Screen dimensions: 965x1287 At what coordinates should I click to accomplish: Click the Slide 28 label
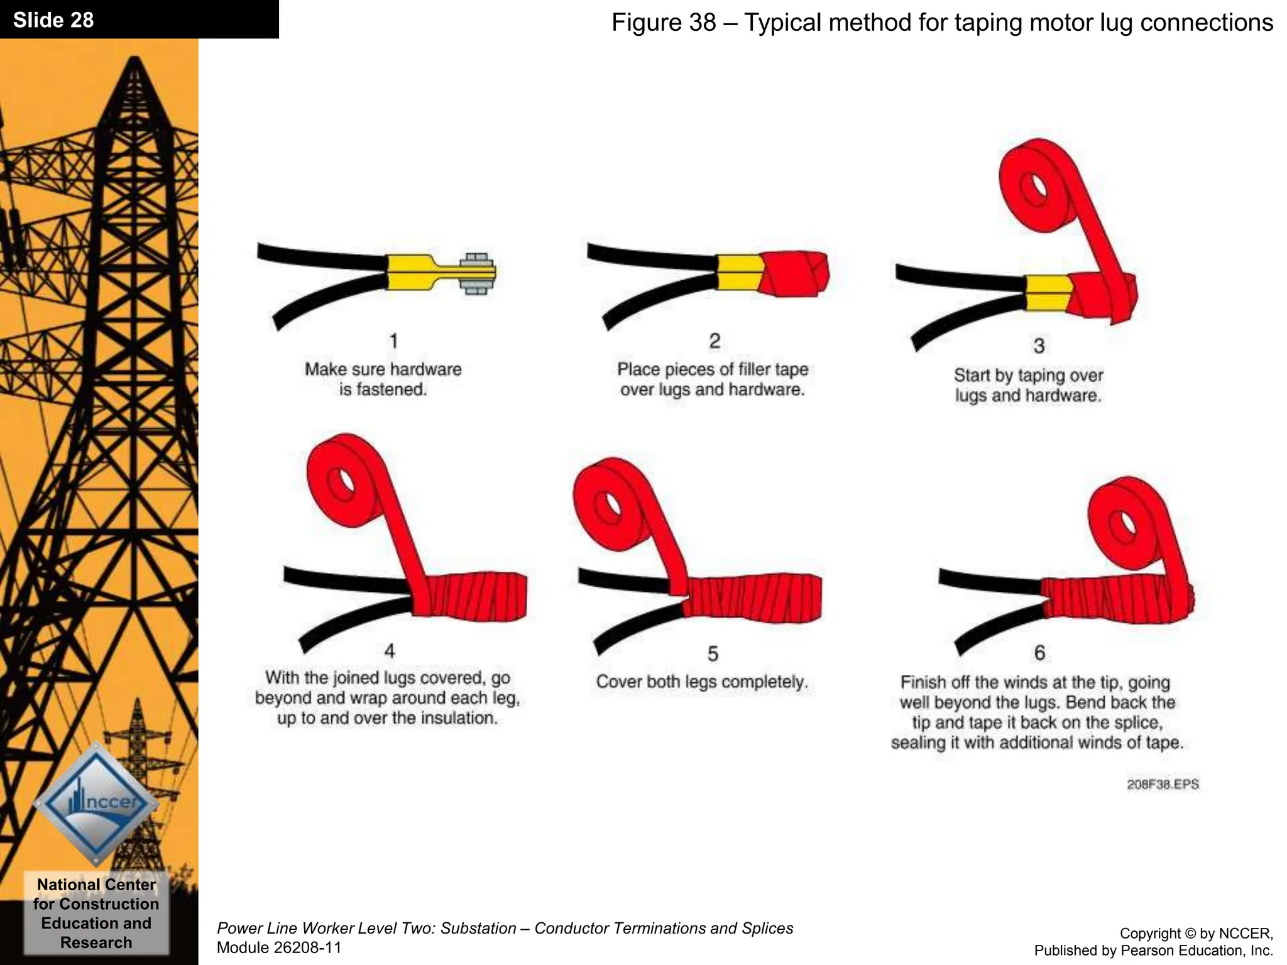point(53,20)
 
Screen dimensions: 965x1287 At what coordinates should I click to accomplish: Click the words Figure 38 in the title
point(664,23)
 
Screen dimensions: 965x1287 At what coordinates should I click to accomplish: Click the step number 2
point(715,341)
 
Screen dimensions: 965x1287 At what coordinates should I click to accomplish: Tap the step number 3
point(1039,346)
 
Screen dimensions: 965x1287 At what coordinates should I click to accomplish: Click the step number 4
point(390,651)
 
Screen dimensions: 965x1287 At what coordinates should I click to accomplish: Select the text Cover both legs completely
point(702,682)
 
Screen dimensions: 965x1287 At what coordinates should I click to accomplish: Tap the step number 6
point(1039,653)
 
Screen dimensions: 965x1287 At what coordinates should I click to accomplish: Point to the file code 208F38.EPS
point(1163,784)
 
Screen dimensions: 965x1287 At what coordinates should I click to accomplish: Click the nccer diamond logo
point(96,803)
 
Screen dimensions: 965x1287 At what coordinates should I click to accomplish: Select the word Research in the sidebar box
point(96,942)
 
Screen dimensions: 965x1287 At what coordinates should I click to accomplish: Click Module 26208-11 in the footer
point(279,947)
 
